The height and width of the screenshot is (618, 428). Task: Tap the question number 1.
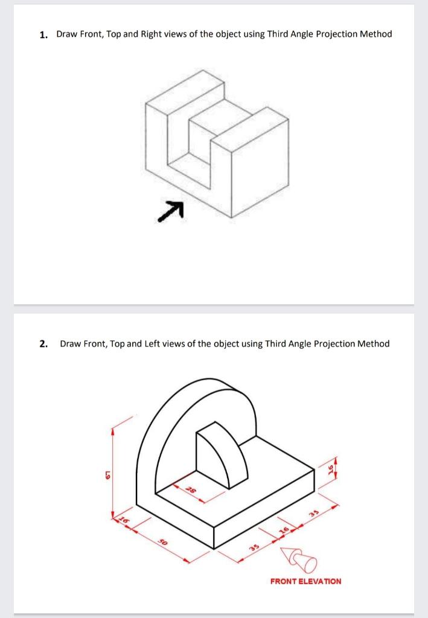[43, 34]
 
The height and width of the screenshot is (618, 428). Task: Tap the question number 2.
[43, 344]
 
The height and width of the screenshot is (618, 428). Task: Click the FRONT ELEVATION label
[305, 581]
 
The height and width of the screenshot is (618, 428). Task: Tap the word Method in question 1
[375, 34]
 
